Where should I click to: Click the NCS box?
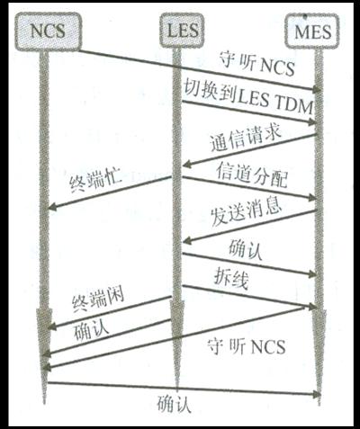(48, 31)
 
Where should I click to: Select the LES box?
(182, 31)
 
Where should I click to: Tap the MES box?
(312, 31)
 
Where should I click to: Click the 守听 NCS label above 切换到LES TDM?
(257, 64)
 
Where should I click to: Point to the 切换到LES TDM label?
(248, 96)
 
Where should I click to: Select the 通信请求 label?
(246, 139)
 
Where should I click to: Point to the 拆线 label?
(231, 279)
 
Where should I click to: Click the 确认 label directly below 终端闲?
(91, 330)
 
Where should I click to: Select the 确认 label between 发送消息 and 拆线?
(246, 250)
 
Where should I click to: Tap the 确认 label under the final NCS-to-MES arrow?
(174, 404)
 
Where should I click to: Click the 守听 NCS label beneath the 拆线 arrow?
(246, 347)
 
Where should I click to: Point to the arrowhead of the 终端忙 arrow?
(51, 207)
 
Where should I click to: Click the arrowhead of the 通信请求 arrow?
(186, 164)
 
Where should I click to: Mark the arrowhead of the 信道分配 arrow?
(312, 198)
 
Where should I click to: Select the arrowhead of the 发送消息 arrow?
(186, 240)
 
